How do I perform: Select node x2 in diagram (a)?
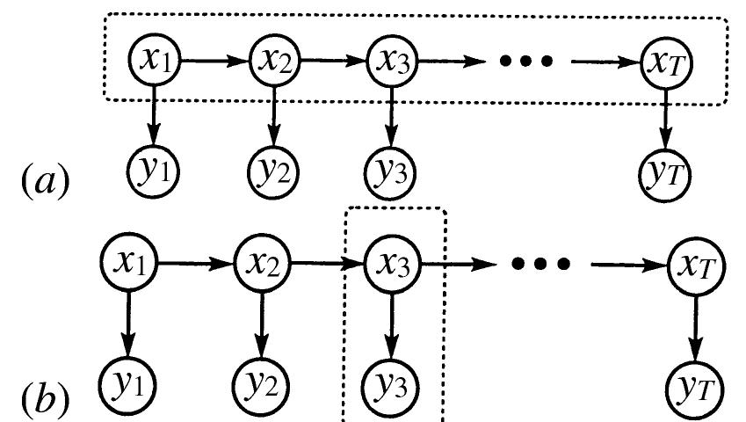coord(275,60)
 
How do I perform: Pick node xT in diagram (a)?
coord(665,62)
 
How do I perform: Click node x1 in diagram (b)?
coord(129,261)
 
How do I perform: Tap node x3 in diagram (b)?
coord(392,263)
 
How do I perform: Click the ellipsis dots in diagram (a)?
coord(525,61)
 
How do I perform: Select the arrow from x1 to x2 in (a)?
coord(214,60)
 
